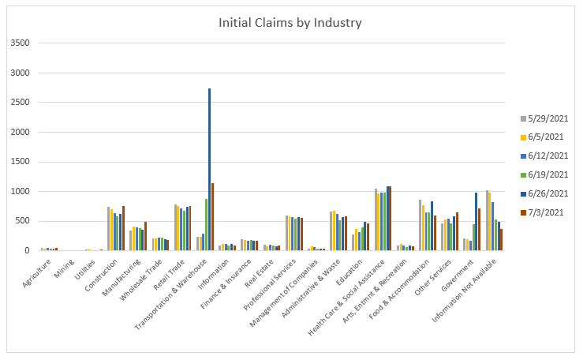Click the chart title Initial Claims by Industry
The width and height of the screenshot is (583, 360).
click(291, 22)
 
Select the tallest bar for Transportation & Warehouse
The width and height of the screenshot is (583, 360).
click(209, 170)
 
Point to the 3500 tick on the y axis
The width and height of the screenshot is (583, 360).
click(20, 43)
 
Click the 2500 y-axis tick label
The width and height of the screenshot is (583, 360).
click(20, 103)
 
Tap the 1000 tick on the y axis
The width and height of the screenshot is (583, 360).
click(20, 192)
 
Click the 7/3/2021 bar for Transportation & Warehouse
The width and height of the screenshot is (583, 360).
click(212, 217)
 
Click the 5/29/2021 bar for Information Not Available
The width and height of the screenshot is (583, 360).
click(488, 220)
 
